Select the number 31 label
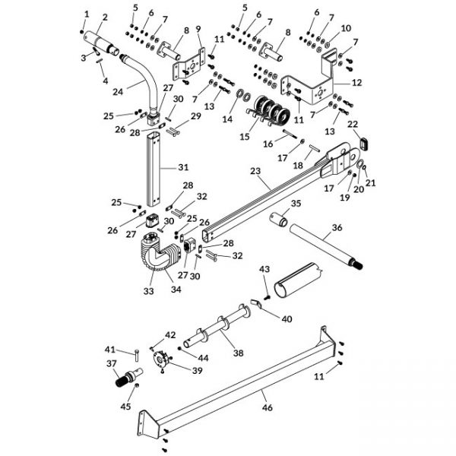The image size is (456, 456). tap(183, 167)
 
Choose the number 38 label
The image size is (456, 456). tap(239, 353)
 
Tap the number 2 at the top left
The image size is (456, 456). tap(104, 17)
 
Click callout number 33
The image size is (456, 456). tap(147, 290)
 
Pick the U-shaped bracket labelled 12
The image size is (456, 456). tap(312, 84)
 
